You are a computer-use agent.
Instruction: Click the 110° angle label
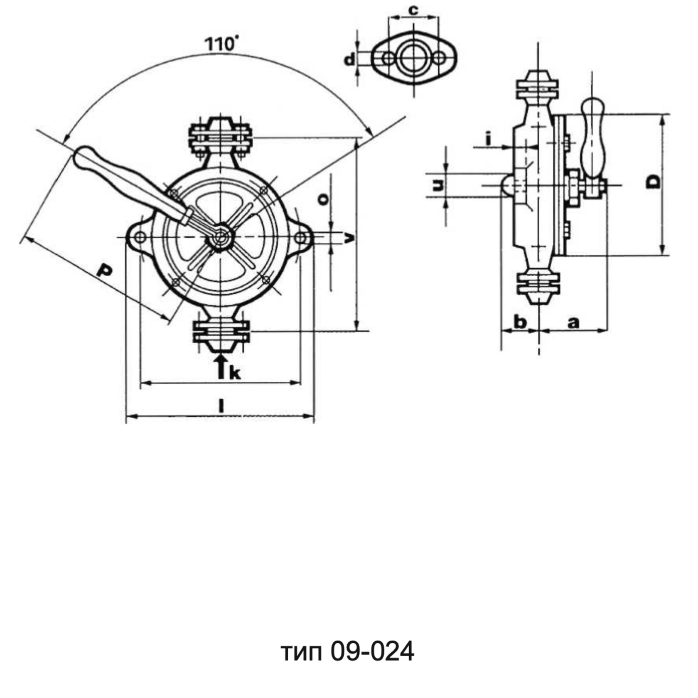click(x=222, y=43)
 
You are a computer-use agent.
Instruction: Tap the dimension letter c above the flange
click(x=413, y=10)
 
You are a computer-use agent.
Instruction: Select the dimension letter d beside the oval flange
click(x=350, y=60)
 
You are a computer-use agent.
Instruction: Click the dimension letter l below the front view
click(x=221, y=406)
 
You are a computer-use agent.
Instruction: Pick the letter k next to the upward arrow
click(x=235, y=373)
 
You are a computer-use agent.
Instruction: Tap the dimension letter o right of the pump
click(x=323, y=199)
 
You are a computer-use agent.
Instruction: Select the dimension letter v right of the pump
click(x=350, y=238)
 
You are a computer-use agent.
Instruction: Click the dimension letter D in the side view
click(x=654, y=182)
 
